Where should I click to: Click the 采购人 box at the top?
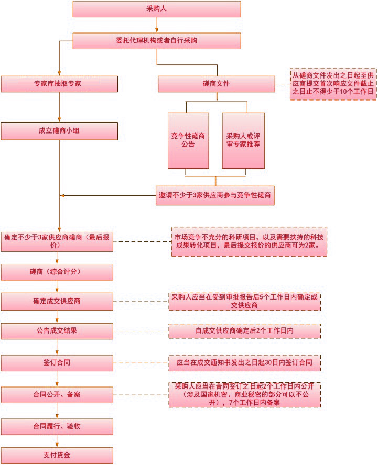pyautogui.click(x=157, y=9)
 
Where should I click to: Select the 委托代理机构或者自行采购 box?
pyautogui.click(x=157, y=41)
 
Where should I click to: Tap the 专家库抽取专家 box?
pyautogui.click(x=59, y=84)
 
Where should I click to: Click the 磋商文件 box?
pyautogui.click(x=217, y=84)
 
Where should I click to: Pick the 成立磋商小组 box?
pyautogui.click(x=59, y=131)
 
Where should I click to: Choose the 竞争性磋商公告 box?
pyautogui.click(x=188, y=140)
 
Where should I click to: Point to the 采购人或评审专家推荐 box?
pyautogui.click(x=243, y=140)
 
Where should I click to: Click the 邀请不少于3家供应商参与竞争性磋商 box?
pyautogui.click(x=215, y=195)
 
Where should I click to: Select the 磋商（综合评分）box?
pyautogui.click(x=57, y=272)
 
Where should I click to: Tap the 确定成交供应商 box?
pyautogui.click(x=57, y=302)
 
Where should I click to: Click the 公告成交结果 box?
pyautogui.click(x=57, y=331)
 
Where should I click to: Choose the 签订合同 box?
pyautogui.click(x=57, y=363)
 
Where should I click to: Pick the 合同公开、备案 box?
pyautogui.click(x=57, y=395)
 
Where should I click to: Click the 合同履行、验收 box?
pyautogui.click(x=57, y=427)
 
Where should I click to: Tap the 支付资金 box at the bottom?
pyautogui.click(x=57, y=456)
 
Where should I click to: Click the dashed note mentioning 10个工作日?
pyautogui.click(x=333, y=84)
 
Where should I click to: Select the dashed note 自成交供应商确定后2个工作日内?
pyautogui.click(x=245, y=331)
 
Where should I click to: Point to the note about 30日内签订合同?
pyautogui.click(x=245, y=363)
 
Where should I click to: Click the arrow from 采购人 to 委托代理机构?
pyautogui.click(x=157, y=25)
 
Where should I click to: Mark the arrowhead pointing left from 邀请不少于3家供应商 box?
pyautogui.click(x=62, y=195)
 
